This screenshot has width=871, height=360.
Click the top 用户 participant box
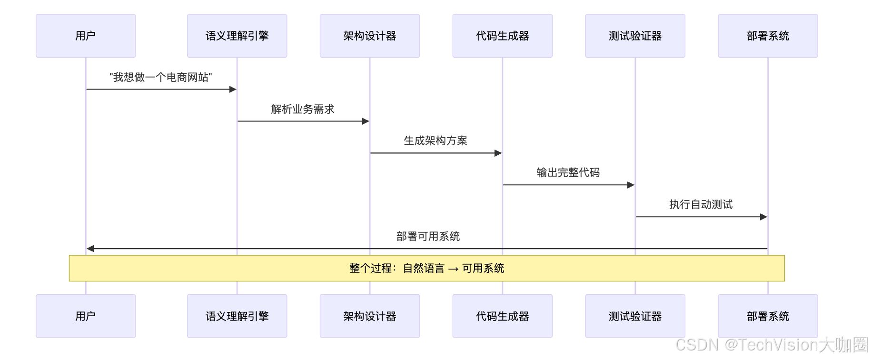click(86, 36)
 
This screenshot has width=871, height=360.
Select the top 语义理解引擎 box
click(237, 36)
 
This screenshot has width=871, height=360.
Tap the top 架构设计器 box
click(370, 36)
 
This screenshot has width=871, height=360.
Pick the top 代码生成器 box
click(503, 36)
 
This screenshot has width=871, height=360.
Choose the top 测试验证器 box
click(635, 36)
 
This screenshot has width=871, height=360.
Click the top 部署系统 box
click(768, 36)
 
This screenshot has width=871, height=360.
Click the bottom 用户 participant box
click(86, 316)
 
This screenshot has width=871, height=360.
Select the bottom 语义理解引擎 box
click(237, 316)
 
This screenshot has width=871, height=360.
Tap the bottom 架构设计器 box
click(370, 316)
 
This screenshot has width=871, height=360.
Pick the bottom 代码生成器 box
click(503, 316)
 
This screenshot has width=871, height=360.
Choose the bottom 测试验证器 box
click(635, 316)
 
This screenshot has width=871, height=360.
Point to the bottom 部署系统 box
click(768, 316)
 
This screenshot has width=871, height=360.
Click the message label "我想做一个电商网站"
click(161, 77)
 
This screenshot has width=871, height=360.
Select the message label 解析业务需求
click(303, 109)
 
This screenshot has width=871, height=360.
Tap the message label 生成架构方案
click(435, 140)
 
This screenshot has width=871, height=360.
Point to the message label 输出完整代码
click(568, 172)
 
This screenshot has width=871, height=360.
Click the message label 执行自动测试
click(701, 204)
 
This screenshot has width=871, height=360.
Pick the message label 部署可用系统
click(428, 236)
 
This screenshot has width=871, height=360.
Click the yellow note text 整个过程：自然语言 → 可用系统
click(427, 268)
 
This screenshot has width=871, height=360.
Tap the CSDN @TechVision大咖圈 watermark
click(772, 345)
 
